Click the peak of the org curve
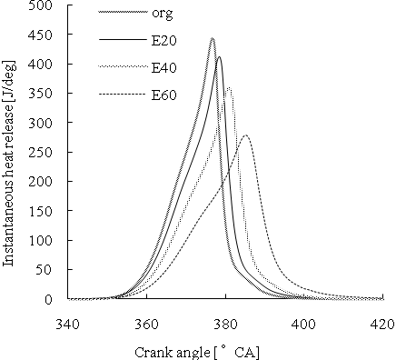(213, 39)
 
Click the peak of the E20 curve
(219, 57)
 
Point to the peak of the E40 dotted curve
(228, 87)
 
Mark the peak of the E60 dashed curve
(245, 135)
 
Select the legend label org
(163, 14)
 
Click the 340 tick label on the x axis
(66, 323)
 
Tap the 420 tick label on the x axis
(381, 323)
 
